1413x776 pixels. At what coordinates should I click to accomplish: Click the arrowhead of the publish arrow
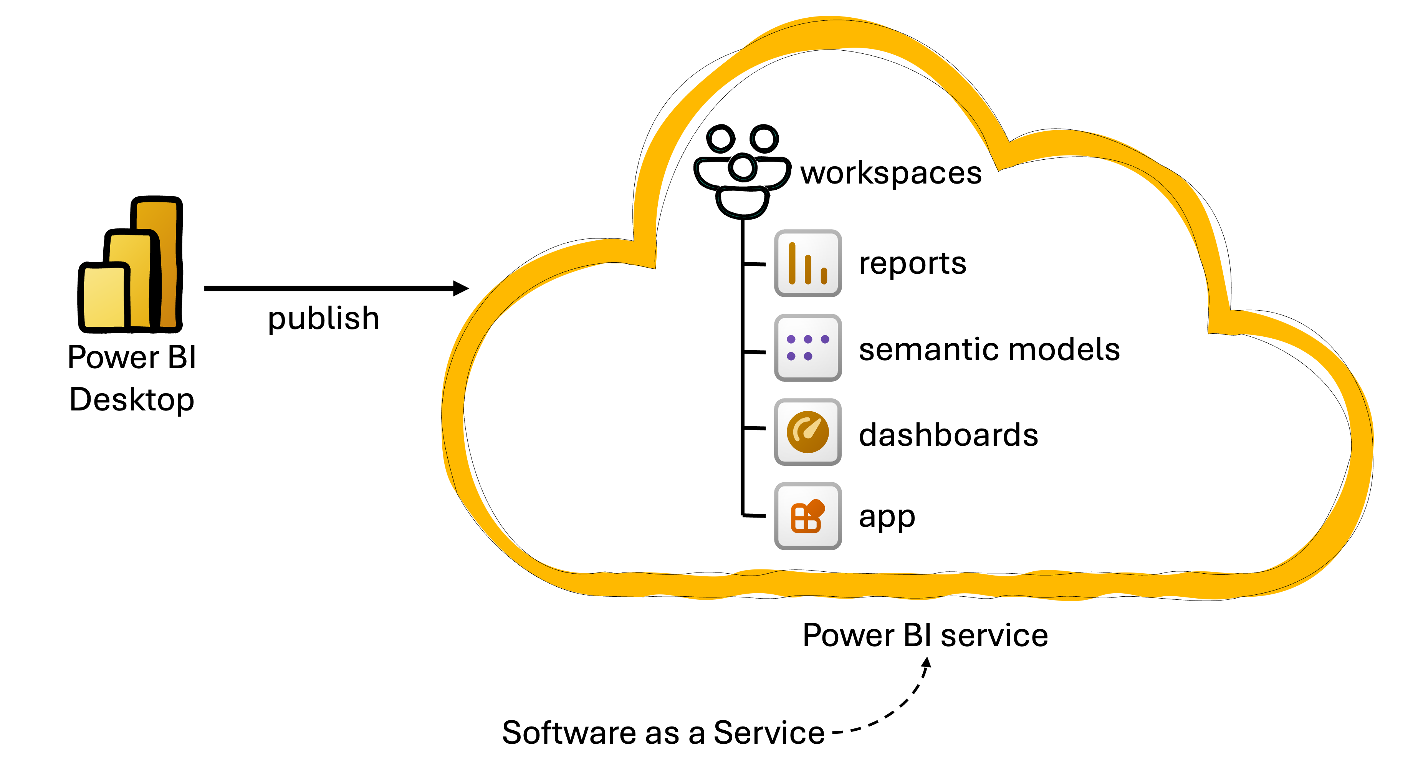coord(462,288)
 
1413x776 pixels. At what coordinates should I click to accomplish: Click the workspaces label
coord(891,173)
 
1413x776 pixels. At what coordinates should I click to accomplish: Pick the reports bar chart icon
coord(807,264)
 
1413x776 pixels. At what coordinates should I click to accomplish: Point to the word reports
coord(912,264)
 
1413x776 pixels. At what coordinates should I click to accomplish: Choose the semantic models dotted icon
coord(807,348)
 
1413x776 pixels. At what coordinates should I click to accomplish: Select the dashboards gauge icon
coord(807,432)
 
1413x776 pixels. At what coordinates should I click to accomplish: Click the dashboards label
coord(948,435)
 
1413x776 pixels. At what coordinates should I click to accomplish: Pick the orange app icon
coord(807,516)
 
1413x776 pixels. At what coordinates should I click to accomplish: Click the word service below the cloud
coord(994,635)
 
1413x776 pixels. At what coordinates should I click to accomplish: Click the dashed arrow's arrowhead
coord(927,663)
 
